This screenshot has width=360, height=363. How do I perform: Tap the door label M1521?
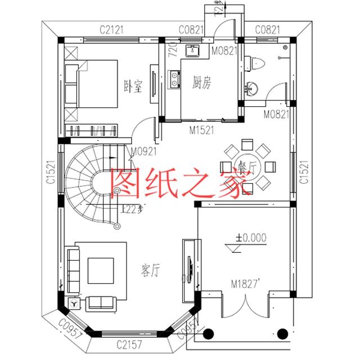(x=201, y=130)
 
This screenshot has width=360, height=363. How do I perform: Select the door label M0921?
(x=143, y=151)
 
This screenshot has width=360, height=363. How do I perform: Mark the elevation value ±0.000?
(x=251, y=238)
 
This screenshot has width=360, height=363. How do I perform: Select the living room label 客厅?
(x=149, y=271)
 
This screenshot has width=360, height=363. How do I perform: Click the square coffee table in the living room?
(x=101, y=270)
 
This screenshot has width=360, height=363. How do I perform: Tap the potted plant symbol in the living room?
(x=73, y=303)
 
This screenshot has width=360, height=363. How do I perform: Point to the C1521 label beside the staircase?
(x=49, y=173)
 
